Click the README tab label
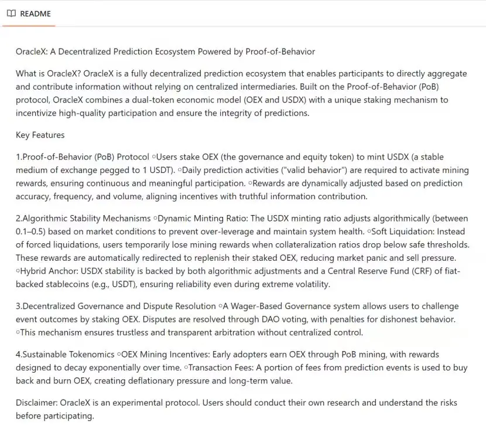tap(35, 13)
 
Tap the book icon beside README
tap(11, 13)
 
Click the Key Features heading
tap(40, 135)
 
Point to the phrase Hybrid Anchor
tap(49, 271)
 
